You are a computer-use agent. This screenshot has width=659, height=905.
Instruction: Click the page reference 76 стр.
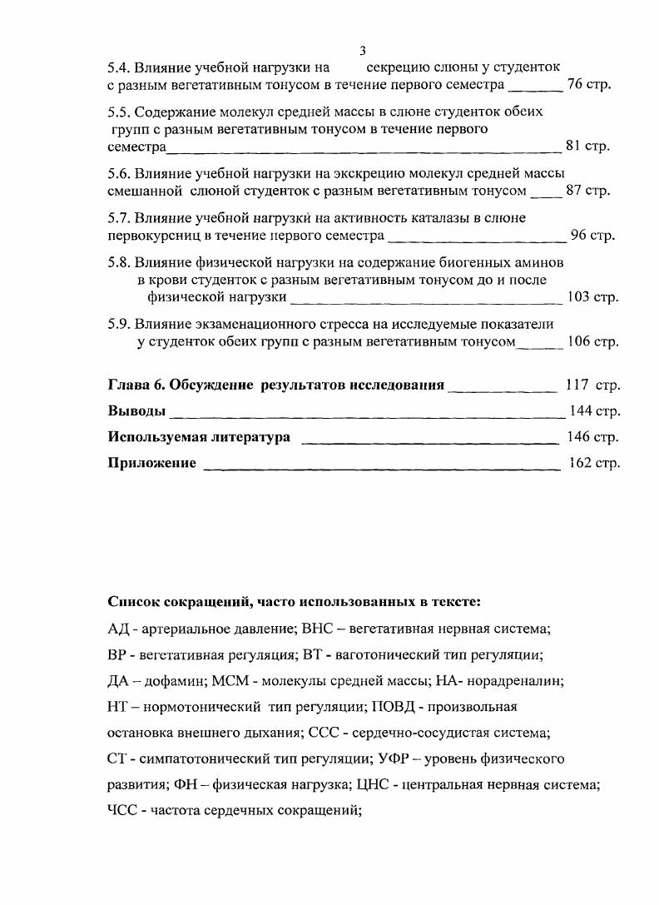pyautogui.click(x=588, y=85)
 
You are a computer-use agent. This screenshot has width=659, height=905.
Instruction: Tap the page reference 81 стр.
pyautogui.click(x=587, y=146)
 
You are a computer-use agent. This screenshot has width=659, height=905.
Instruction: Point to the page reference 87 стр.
pyautogui.click(x=588, y=191)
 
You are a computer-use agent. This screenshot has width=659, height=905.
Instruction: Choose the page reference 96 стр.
pyautogui.click(x=592, y=236)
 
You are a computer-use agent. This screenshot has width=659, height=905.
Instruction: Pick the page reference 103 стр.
pyautogui.click(x=592, y=297)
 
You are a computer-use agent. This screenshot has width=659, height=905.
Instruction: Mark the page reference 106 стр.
pyautogui.click(x=592, y=341)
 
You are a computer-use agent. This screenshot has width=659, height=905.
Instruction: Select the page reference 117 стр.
pyautogui.click(x=592, y=385)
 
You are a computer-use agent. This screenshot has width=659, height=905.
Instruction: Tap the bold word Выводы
pyautogui.click(x=136, y=411)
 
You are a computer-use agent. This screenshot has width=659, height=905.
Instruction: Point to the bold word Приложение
pyautogui.click(x=151, y=463)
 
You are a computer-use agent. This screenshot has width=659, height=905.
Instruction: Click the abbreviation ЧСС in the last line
pyautogui.click(x=122, y=811)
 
